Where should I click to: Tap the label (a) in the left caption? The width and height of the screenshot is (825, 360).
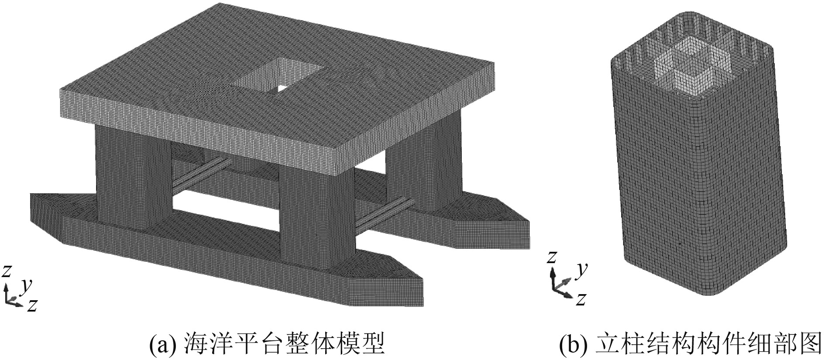click(x=163, y=344)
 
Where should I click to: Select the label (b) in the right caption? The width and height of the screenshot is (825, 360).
click(x=573, y=344)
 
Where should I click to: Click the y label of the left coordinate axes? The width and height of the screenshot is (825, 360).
click(x=27, y=286)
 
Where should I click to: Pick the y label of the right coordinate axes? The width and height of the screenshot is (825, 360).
click(x=580, y=271)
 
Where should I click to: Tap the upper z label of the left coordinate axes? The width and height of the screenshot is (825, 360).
click(x=6, y=271)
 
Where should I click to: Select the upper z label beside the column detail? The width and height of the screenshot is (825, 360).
click(x=552, y=257)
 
